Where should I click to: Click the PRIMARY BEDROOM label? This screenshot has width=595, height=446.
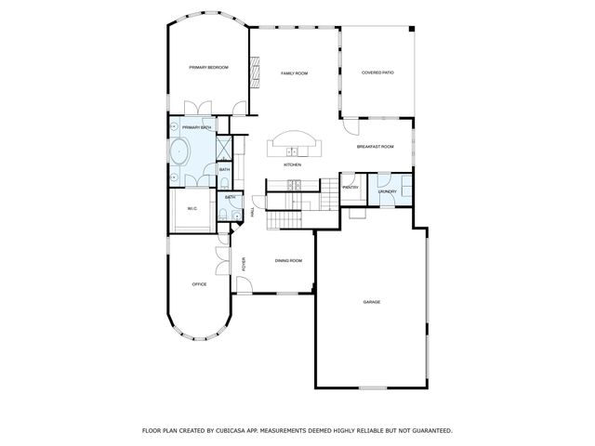[x=209, y=68]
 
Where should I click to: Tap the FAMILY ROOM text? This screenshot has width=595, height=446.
[x=295, y=72]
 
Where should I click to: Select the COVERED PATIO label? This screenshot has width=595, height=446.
[x=377, y=72]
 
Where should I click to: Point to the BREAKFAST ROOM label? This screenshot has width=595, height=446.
[x=376, y=147]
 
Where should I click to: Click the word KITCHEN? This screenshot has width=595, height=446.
[x=293, y=164]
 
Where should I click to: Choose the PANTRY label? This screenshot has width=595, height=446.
[x=350, y=188]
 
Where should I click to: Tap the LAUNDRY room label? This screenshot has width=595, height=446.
[x=388, y=192]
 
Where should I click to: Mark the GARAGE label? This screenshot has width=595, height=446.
[x=372, y=302]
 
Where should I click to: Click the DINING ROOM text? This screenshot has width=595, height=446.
[x=288, y=260]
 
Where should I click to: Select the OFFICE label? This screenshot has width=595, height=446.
[x=199, y=283]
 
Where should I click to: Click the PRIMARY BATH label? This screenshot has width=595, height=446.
[x=195, y=127]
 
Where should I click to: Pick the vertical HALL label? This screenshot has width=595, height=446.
[x=253, y=214]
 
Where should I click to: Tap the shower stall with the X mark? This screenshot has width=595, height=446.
[x=224, y=147]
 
